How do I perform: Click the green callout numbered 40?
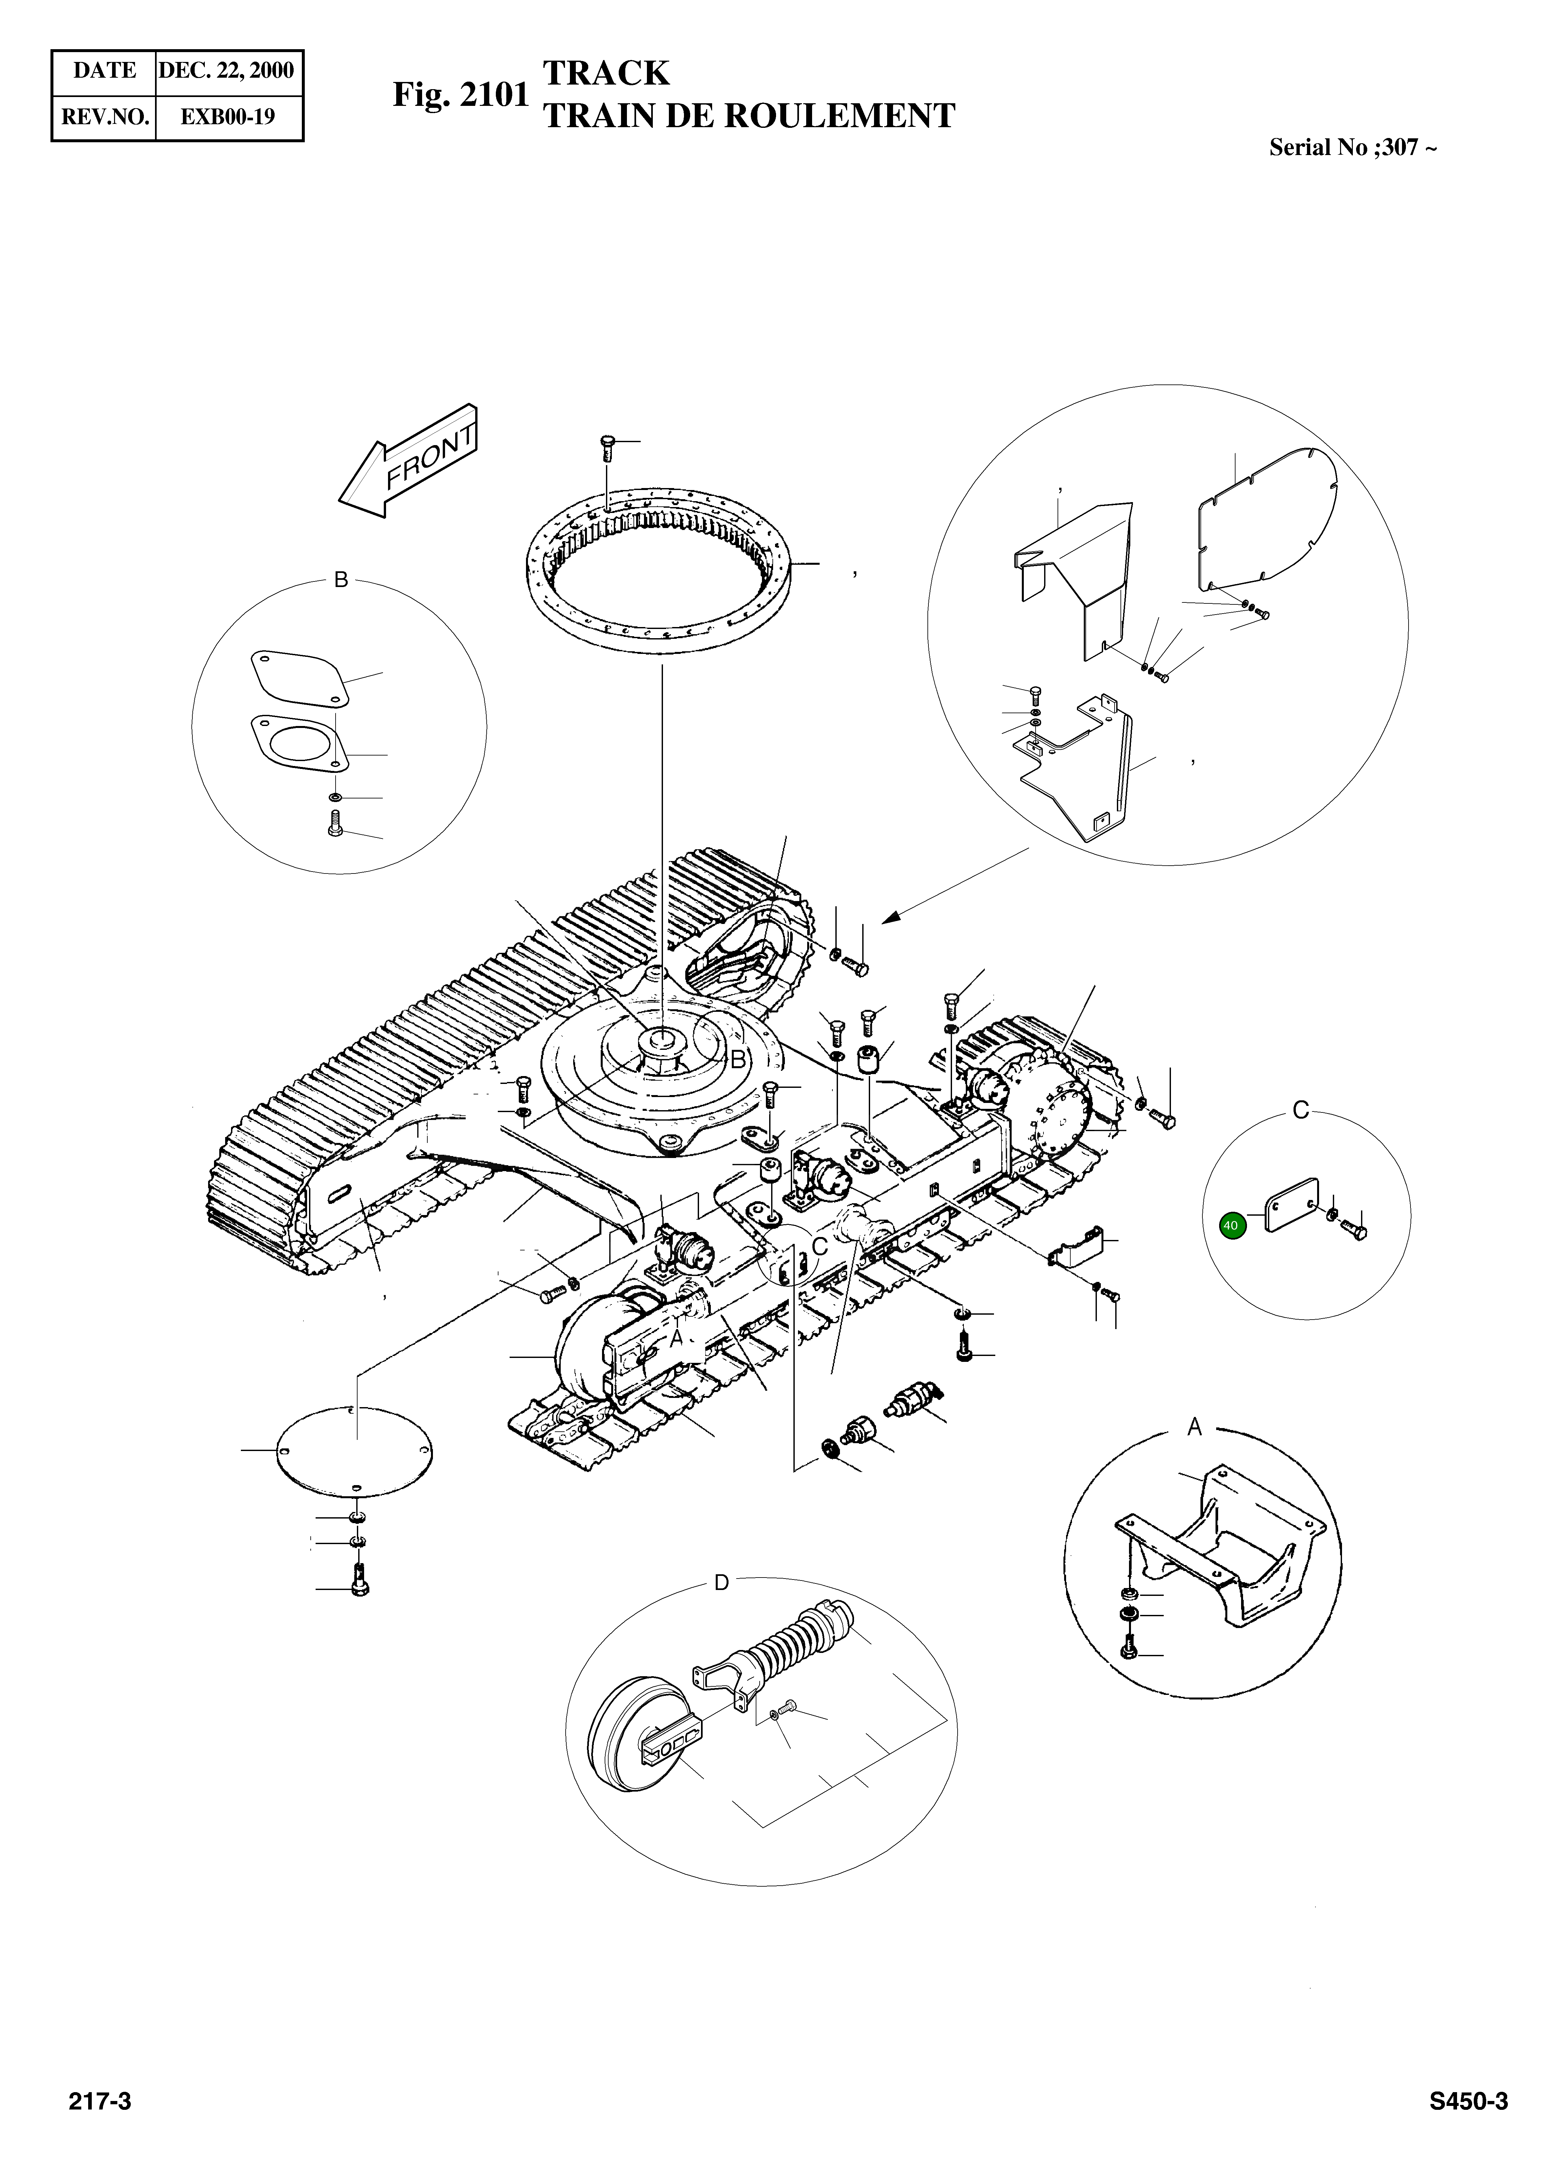pyautogui.click(x=1231, y=1225)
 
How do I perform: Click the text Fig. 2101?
pyautogui.click(x=460, y=95)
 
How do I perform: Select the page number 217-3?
pyautogui.click(x=99, y=2101)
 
